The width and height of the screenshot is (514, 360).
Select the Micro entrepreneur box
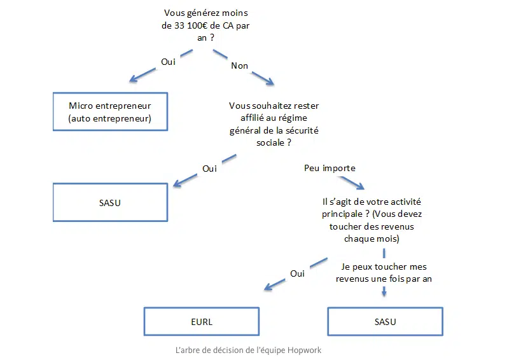point(109,111)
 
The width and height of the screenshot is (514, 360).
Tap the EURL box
point(202,321)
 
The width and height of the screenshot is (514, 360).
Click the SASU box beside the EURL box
point(385,321)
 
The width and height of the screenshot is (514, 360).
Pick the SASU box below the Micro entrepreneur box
point(109,202)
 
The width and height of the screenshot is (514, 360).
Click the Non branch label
point(239,66)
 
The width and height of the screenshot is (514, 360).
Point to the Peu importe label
point(330,168)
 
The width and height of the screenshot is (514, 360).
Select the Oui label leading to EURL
point(297,273)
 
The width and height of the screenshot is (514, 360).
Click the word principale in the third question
point(344,214)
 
